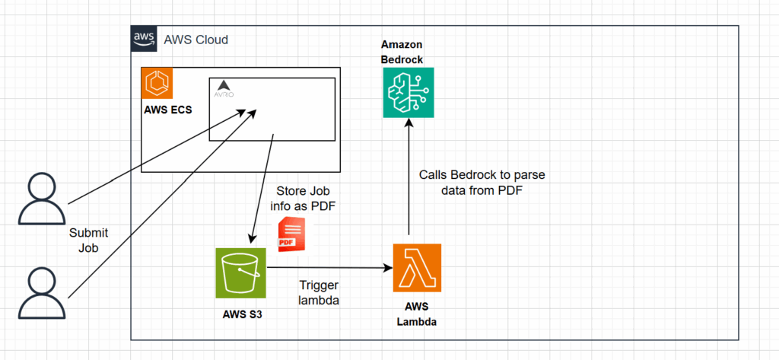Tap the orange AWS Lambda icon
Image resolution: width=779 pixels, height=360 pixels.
point(418,268)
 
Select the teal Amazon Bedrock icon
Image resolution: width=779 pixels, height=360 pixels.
point(408,92)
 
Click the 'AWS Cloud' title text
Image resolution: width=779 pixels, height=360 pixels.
point(196,39)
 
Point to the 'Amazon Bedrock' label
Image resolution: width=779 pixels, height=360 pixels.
point(402,53)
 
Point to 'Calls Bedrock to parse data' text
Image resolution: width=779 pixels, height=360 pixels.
point(481,183)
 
